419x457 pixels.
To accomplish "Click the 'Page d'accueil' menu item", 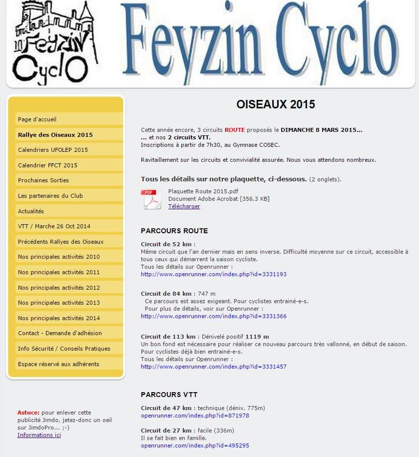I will (37, 120).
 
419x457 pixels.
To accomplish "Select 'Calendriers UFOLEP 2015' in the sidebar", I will (53, 150).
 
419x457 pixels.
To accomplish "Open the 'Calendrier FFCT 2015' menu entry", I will (48, 165).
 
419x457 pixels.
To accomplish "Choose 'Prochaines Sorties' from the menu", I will (43, 180).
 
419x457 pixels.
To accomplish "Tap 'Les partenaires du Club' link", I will (51, 196).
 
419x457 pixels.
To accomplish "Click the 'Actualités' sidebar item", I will (31, 211).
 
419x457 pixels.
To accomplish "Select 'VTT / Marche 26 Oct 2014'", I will (54, 226).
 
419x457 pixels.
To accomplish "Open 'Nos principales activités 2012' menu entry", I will (59, 287).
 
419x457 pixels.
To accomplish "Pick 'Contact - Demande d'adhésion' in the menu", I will (60, 333).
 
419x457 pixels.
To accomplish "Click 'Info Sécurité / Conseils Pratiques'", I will (64, 349).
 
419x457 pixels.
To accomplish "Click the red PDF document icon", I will (151, 199).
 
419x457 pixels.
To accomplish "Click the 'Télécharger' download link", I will (184, 206).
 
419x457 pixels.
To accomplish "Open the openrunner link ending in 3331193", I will (214, 274).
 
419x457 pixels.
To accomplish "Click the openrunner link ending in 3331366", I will (214, 317).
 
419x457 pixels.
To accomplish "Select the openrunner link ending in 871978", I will (195, 415).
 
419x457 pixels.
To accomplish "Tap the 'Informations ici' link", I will (39, 435).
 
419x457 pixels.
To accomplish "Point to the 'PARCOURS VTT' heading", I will (169, 395).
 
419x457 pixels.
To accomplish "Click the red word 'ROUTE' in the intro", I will (234, 130).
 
